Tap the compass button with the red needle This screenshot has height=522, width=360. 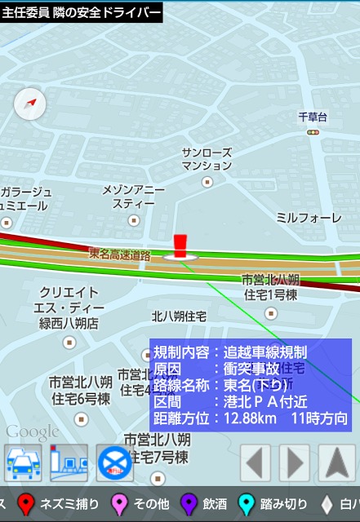(30, 104)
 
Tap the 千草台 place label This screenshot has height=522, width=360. (313, 117)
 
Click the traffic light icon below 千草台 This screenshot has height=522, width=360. (313, 132)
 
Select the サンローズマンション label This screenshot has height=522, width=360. (207, 159)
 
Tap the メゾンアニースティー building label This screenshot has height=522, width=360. (133, 197)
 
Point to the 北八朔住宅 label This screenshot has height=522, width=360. (179, 316)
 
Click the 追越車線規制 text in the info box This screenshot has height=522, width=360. (265, 353)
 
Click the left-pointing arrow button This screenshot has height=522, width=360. (256, 463)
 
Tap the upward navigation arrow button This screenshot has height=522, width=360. (336, 463)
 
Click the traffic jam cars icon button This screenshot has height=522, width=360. (23, 463)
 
